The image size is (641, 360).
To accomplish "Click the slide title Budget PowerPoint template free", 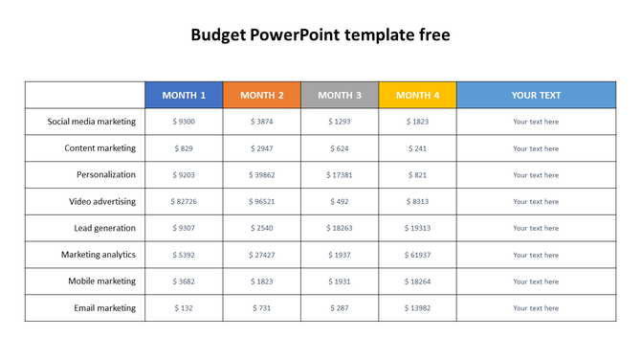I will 320,35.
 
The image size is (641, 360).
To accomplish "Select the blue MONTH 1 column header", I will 184,96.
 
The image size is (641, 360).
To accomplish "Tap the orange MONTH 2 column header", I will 262,96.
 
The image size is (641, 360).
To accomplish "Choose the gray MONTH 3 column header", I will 340,96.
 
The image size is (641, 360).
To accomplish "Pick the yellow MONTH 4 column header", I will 418,96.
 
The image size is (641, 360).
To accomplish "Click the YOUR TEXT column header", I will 536,96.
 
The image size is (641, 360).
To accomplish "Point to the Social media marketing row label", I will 92,122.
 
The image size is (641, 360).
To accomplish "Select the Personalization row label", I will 106,175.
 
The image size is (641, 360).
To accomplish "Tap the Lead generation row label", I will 104,228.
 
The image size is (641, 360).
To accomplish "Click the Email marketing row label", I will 104,308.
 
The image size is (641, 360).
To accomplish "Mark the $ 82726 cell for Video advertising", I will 184,202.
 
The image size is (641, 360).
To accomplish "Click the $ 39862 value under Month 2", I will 262,175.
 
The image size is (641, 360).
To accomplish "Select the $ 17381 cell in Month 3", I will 340,175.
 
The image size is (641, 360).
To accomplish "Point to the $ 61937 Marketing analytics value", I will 418,256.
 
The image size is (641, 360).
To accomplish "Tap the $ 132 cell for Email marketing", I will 184,308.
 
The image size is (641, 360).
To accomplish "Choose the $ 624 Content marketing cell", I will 340,148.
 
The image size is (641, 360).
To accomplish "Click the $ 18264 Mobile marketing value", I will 418,281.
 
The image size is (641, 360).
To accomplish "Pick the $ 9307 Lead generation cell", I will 184,229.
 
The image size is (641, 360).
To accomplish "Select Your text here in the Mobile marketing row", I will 536,281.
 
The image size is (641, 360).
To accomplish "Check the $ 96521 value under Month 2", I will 262,202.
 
